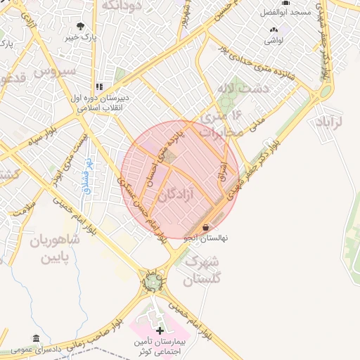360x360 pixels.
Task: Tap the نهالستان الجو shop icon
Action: pos(205,228)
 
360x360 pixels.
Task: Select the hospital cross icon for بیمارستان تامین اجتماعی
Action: pos(160,330)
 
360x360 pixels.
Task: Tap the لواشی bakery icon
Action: pos(274,30)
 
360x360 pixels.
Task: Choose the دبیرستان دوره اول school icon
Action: pos(99,86)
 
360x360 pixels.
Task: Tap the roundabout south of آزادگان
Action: pos(153,282)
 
